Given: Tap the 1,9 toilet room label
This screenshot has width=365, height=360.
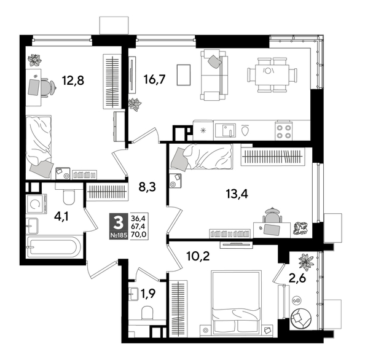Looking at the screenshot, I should [x=147, y=294].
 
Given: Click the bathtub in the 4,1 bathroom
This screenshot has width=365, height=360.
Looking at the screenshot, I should [x=54, y=249].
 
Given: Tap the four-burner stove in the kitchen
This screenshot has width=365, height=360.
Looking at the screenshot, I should [x=283, y=130].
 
